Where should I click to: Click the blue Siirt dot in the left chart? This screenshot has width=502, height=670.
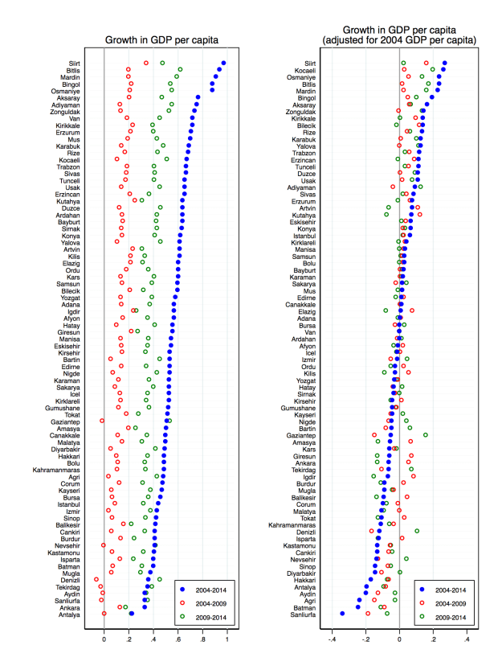[224, 63]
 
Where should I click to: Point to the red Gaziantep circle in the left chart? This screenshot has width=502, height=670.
[102, 421]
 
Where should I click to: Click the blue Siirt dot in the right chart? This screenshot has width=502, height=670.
[445, 63]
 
